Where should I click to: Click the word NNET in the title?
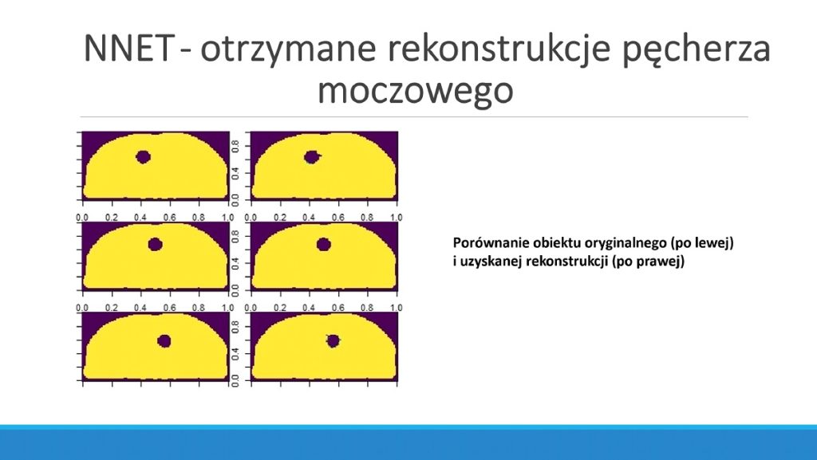[128, 48]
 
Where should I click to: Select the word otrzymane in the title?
[288, 49]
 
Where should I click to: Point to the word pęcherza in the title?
[697, 50]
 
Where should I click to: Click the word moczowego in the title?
[415, 91]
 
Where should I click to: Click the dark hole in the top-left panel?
[144, 156]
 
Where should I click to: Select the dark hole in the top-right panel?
[312, 156]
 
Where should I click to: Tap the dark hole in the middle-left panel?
[156, 244]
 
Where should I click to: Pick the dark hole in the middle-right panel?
[324, 244]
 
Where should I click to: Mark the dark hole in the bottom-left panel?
[164, 341]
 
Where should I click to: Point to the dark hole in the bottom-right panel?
[333, 341]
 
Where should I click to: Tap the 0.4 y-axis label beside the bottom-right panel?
[235, 354]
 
